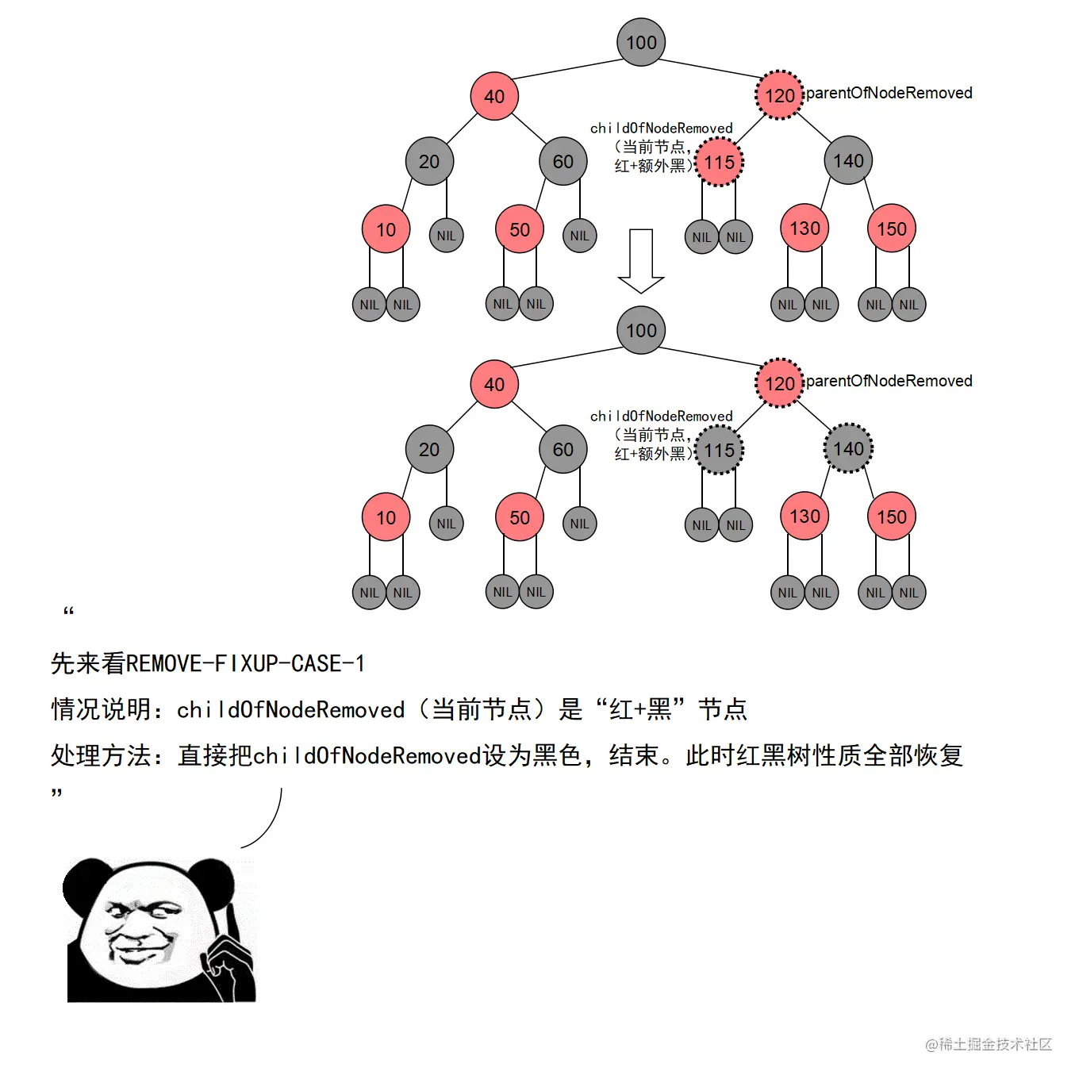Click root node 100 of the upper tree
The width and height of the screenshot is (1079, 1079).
coord(641,42)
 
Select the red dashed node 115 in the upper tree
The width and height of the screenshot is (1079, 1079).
coord(719,162)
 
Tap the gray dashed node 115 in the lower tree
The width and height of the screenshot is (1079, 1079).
coord(719,450)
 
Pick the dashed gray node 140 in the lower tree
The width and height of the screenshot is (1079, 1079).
coord(848,448)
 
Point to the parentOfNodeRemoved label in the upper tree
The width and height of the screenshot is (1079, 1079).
coord(889,93)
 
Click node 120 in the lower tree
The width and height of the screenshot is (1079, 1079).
coord(779,383)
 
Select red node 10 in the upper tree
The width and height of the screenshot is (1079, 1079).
coord(386,229)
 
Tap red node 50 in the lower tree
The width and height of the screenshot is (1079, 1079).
coord(519,517)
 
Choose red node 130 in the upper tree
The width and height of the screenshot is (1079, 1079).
coord(804,228)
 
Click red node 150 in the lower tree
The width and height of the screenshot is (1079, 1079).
coord(891,516)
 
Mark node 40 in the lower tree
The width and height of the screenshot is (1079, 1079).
coord(493,384)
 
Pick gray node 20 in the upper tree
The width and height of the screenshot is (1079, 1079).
coord(428,161)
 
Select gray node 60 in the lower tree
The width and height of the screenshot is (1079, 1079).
coord(563,449)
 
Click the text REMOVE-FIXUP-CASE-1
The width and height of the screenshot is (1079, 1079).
coord(245,663)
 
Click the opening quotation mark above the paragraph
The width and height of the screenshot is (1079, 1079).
coord(68,611)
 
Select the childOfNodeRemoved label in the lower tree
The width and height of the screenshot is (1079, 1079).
coord(661,417)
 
